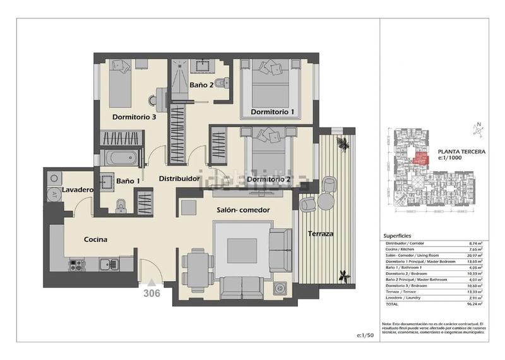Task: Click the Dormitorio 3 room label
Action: (x=134, y=117)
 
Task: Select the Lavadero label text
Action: (x=78, y=189)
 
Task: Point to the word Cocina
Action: (x=96, y=239)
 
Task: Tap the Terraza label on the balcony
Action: (x=321, y=234)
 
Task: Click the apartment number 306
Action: (x=151, y=293)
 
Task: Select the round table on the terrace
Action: (x=324, y=201)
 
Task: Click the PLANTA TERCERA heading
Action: (x=461, y=152)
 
